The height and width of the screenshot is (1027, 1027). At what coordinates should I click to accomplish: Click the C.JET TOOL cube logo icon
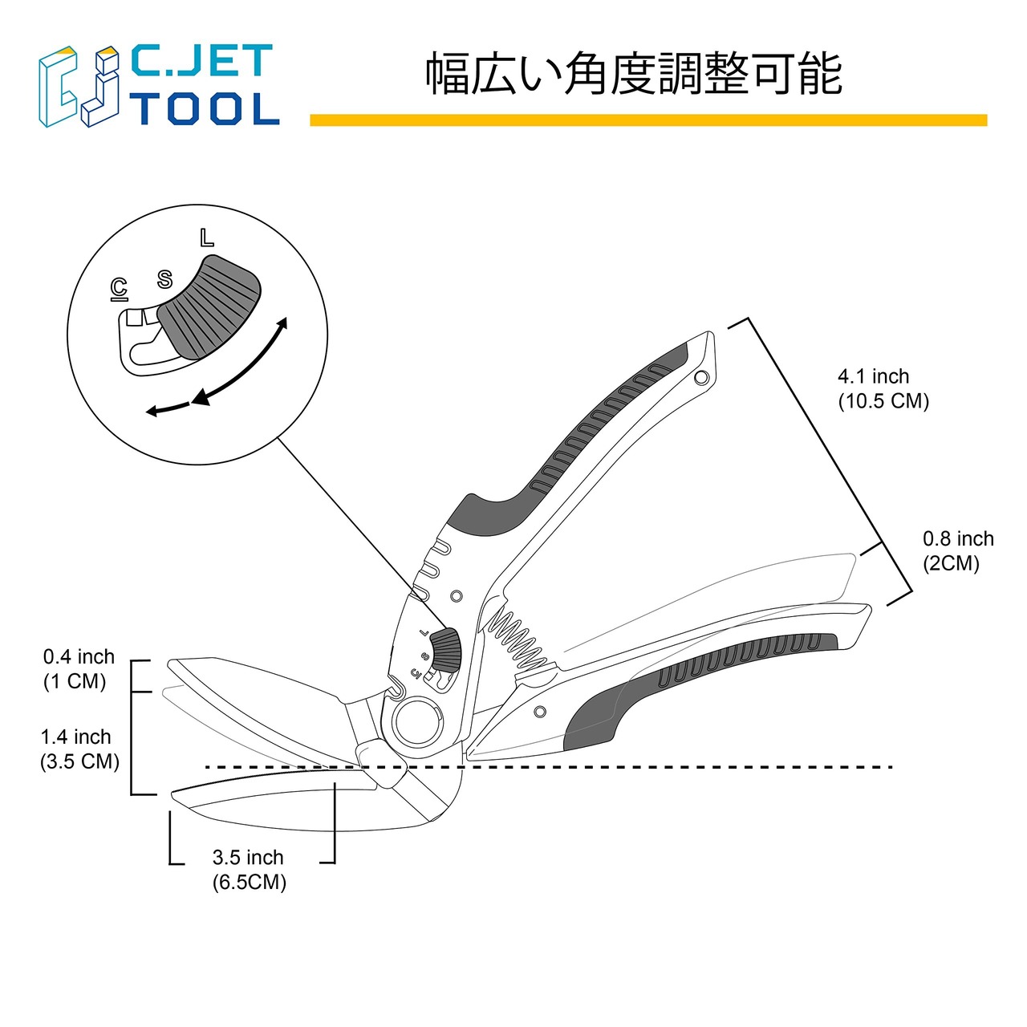tap(79, 87)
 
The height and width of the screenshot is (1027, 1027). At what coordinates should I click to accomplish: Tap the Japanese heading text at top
tap(633, 74)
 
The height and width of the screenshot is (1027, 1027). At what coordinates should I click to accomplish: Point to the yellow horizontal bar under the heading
tap(648, 120)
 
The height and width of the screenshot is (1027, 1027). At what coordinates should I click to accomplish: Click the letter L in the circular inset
tap(207, 237)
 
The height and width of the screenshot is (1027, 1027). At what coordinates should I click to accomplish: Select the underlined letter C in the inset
tap(119, 288)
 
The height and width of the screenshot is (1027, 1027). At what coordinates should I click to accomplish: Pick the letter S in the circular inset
tap(164, 279)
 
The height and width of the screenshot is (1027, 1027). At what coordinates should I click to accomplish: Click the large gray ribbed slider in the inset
tap(210, 306)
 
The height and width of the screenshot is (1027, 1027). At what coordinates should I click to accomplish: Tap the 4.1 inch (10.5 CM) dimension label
tap(883, 388)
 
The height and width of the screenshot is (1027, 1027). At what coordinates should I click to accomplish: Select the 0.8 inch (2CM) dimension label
tap(957, 550)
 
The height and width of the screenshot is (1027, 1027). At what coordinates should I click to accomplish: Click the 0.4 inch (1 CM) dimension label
tap(78, 668)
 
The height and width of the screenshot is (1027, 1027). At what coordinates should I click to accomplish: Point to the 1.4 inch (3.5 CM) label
tap(79, 749)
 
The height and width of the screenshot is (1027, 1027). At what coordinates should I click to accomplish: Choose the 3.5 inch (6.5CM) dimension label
tap(249, 870)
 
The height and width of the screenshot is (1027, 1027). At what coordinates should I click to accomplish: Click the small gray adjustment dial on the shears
tap(444, 649)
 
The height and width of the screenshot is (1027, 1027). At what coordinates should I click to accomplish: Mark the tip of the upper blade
tap(170, 664)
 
